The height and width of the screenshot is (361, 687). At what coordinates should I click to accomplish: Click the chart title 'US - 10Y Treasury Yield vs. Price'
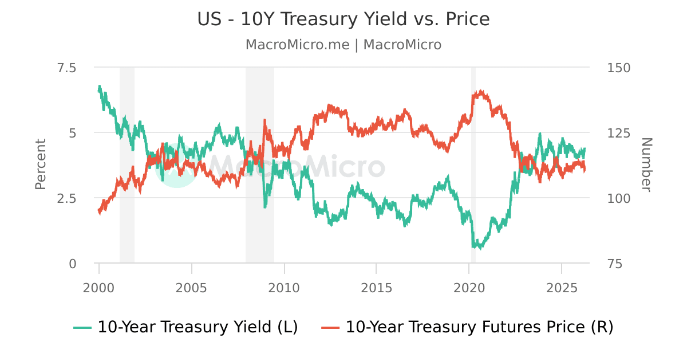point(343,19)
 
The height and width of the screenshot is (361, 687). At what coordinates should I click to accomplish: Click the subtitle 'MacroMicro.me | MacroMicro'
point(343,45)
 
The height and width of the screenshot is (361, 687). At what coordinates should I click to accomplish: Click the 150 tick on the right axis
point(618,68)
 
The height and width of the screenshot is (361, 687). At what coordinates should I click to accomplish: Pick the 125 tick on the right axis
point(618,133)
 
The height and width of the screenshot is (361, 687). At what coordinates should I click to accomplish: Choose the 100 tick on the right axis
point(618,198)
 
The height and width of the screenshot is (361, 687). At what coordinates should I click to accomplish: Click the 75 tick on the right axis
point(614,264)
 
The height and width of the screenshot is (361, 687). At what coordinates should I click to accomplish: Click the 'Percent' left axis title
point(40,164)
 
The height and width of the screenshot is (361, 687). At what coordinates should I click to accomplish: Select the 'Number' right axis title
point(646,164)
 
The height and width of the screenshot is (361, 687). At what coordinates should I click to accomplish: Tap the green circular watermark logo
point(176,166)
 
